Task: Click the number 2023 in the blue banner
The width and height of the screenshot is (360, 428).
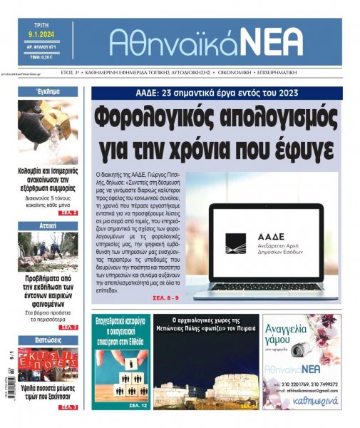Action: tap(284, 93)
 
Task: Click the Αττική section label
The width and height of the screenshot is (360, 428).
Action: tap(48, 225)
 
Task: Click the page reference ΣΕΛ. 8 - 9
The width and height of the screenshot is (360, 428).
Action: tap(168, 297)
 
